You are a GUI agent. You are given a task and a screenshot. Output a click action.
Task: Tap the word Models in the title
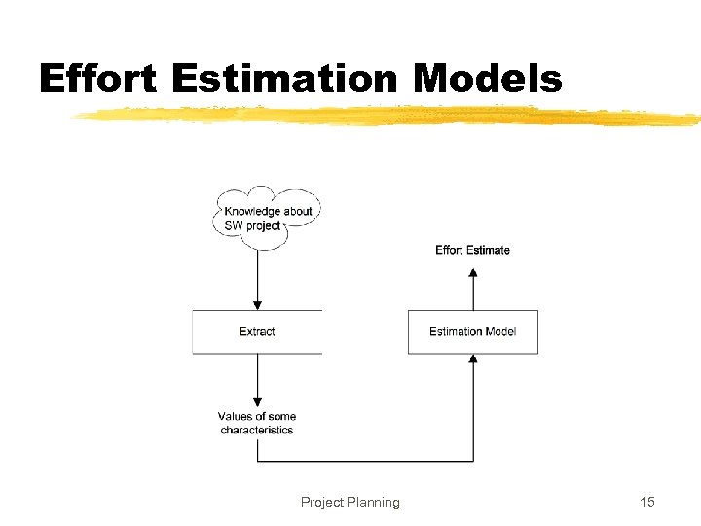tap(487, 78)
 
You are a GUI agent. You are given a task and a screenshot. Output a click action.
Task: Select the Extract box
tap(257, 331)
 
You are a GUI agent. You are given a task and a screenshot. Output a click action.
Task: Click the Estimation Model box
tap(472, 331)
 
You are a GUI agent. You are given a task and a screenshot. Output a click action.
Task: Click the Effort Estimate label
tap(472, 250)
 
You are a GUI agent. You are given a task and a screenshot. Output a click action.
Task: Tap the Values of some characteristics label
tap(257, 423)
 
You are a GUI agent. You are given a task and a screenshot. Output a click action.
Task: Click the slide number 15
tap(647, 502)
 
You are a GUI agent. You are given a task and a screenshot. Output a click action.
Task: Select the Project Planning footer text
tap(350, 502)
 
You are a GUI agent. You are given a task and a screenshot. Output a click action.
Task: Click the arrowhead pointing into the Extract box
tap(257, 304)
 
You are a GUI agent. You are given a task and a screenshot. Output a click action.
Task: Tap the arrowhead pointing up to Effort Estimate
tap(473, 272)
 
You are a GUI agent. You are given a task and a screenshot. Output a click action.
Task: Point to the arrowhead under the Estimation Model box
tap(473, 359)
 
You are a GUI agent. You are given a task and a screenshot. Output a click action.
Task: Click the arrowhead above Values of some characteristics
tap(257, 400)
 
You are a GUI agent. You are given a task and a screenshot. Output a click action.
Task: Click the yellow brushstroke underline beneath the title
tap(389, 116)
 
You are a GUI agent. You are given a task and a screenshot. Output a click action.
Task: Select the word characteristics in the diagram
tap(257, 430)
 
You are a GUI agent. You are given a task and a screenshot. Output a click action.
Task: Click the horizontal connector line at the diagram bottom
tap(365, 461)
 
